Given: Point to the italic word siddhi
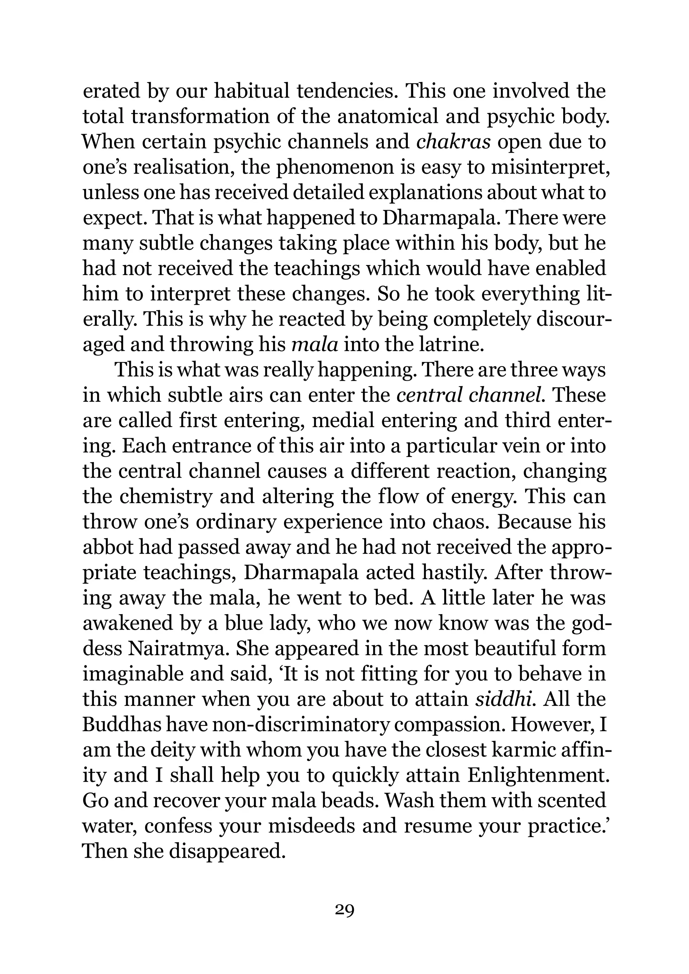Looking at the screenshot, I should (x=503, y=699).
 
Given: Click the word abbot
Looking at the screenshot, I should (x=106, y=547).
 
